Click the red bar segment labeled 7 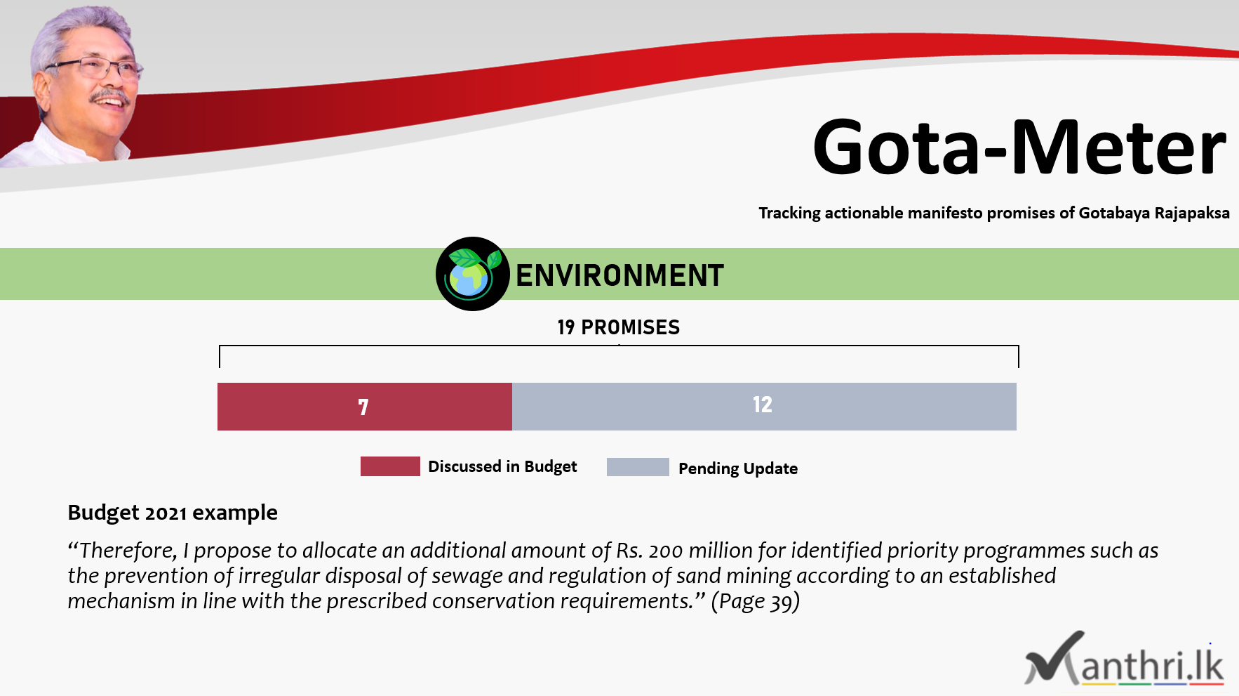[365, 407]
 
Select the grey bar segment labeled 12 [764, 407]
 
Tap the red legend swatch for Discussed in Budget [390, 466]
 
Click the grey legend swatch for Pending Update [638, 467]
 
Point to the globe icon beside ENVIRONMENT [472, 274]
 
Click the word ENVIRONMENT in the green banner [619, 275]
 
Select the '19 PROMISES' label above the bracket [619, 327]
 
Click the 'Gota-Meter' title [1019, 147]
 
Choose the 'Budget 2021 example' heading [173, 513]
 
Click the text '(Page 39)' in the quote [756, 601]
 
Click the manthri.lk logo [1125, 659]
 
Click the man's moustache [111, 95]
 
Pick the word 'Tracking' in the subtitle [789, 213]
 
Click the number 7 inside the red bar [363, 407]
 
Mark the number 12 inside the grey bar [763, 405]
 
